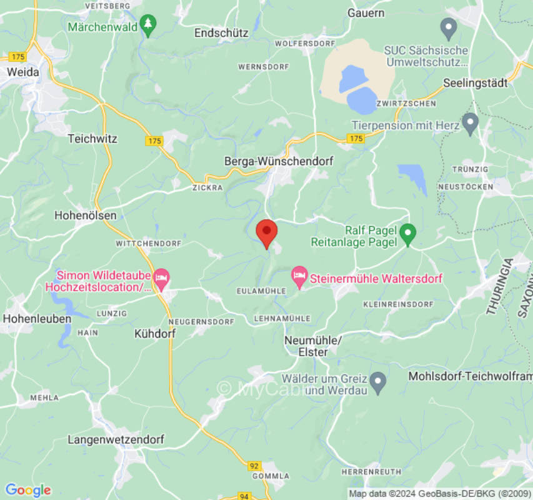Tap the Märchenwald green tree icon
pyautogui.click(x=147, y=26)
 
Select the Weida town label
pyautogui.click(x=22, y=72)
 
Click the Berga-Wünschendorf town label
pyautogui.click(x=279, y=161)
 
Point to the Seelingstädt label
pyautogui.click(x=475, y=82)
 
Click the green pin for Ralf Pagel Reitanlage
pyautogui.click(x=407, y=234)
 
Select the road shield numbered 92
pyautogui.click(x=254, y=465)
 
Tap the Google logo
pyautogui.click(x=27, y=490)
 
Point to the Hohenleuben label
pyautogui.click(x=37, y=318)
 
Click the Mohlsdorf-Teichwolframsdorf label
pyautogui.click(x=470, y=376)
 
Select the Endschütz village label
pyautogui.click(x=221, y=32)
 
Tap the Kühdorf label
pyautogui.click(x=155, y=334)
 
